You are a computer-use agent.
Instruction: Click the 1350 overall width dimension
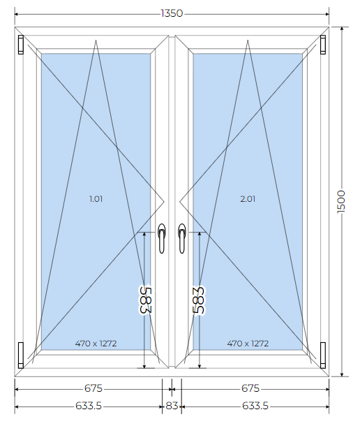pos(172,13)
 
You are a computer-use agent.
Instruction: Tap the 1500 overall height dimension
pos(341,202)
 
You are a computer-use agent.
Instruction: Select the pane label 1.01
pos(96,199)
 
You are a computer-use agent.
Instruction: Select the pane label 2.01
pos(248,199)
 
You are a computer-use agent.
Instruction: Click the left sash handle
pos(162,239)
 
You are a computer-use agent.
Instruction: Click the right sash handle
pos(182,239)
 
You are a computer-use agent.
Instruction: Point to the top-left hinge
pos(21,45)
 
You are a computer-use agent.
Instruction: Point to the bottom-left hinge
pos(21,355)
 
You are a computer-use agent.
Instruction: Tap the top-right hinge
pos(323,45)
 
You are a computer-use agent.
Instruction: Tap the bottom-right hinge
pos(323,355)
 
